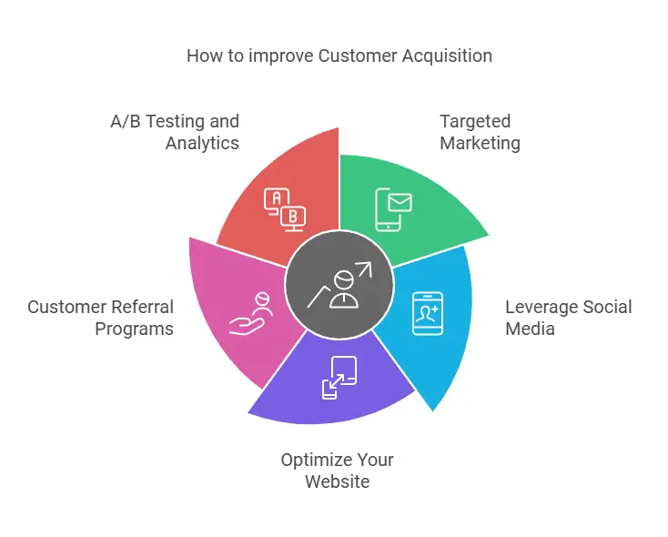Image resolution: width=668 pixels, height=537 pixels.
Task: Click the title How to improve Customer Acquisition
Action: (339, 56)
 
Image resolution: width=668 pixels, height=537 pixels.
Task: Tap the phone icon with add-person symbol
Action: (427, 313)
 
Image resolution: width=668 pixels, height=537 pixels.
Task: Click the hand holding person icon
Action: (250, 314)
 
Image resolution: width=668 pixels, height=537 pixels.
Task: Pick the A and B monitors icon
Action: (284, 208)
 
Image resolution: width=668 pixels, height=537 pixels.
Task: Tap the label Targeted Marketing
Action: (480, 132)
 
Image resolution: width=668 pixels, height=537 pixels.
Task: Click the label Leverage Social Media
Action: (568, 317)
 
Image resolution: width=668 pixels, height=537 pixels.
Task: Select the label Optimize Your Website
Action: (337, 470)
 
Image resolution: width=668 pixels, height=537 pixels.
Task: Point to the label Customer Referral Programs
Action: (100, 317)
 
